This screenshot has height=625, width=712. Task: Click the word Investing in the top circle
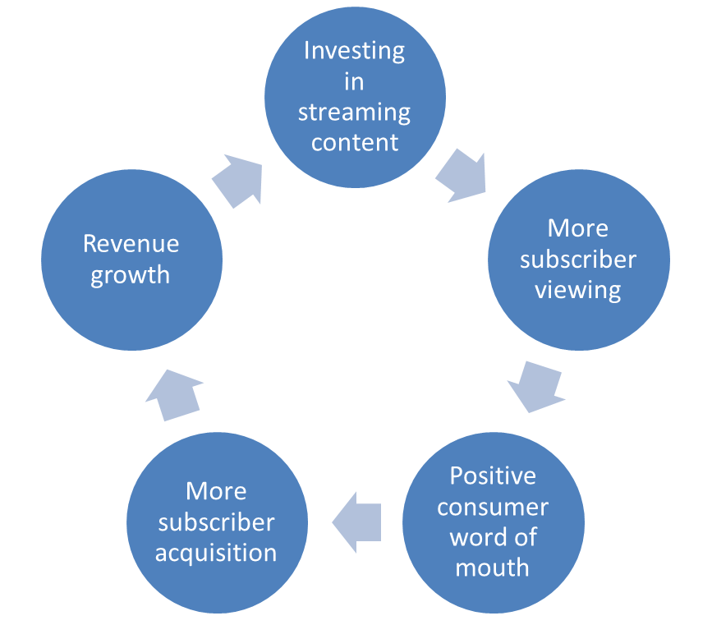(354, 51)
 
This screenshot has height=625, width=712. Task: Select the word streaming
(354, 113)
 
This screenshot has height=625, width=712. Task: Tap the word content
(355, 143)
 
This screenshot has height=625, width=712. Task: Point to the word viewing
(577, 291)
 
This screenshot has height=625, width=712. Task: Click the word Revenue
(131, 243)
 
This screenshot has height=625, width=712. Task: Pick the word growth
(131, 276)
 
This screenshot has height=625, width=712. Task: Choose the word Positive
(493, 476)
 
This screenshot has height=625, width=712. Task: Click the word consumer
(493, 508)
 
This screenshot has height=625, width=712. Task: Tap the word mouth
(492, 568)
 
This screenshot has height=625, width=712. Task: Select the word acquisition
(216, 554)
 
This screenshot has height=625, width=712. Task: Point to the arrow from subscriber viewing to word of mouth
(535, 387)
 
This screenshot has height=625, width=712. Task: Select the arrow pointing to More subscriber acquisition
(356, 522)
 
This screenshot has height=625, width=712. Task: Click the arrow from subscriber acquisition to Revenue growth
(174, 395)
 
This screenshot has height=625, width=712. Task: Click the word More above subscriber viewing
(577, 228)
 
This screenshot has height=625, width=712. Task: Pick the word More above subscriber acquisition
(216, 491)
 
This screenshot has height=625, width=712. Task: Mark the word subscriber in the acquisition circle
(216, 522)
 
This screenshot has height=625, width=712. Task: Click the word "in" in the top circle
(354, 82)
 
